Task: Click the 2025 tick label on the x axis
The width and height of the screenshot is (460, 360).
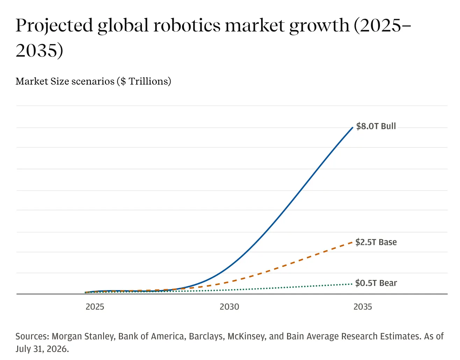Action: [95, 307]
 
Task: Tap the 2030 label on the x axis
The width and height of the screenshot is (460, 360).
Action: [229, 307]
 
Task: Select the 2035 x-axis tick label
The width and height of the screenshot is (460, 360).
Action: [362, 307]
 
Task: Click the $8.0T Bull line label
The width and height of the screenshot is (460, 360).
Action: [376, 126]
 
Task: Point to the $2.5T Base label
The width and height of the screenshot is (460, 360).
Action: [376, 242]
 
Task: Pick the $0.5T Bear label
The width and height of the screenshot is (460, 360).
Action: [376, 283]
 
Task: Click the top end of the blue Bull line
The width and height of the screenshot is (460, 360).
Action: [353, 128]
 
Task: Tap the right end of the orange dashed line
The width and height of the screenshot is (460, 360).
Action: [352, 243]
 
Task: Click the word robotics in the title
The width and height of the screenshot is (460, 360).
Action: [187, 26]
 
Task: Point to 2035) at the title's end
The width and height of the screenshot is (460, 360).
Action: [39, 50]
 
